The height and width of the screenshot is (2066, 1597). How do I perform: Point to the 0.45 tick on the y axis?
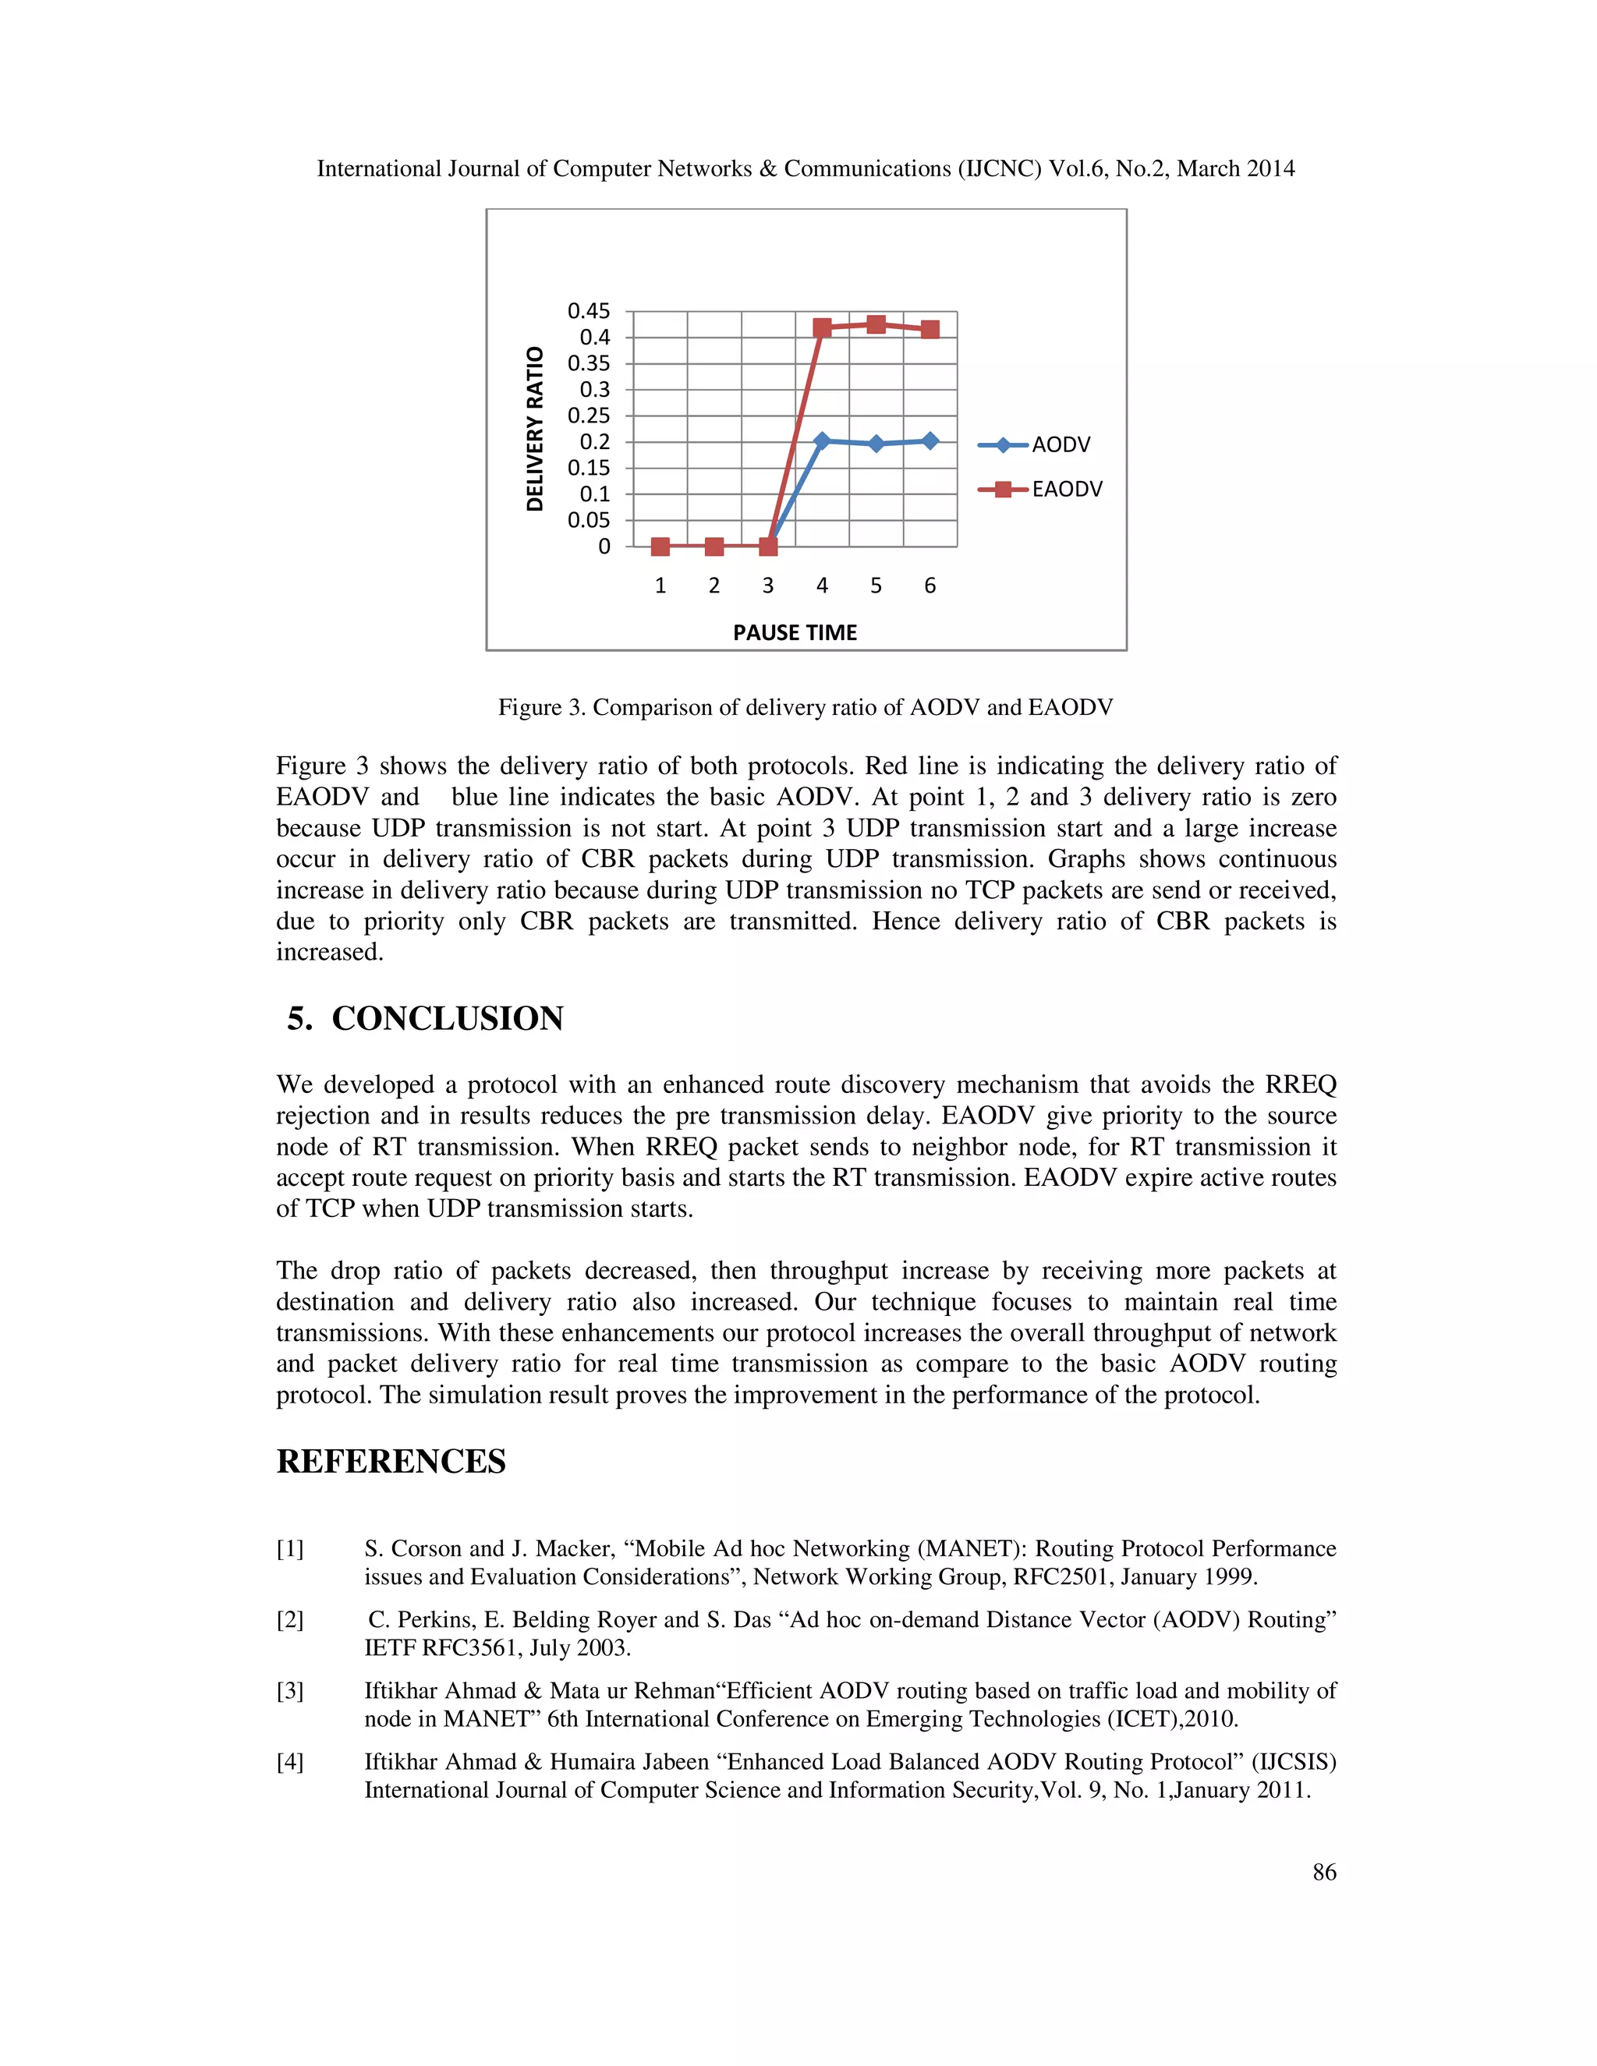coord(589,311)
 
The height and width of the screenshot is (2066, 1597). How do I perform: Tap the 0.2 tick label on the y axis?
coord(594,442)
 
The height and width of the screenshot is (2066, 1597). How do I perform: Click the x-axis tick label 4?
coord(821,586)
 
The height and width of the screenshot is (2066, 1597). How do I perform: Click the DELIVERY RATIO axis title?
coord(536,430)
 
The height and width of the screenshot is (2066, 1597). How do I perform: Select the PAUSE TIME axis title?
coord(795,633)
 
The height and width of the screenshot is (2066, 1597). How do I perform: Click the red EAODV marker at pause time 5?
coord(876,324)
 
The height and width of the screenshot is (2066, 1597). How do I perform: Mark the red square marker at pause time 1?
coord(660,547)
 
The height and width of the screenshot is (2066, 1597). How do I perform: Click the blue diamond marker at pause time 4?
coord(821,440)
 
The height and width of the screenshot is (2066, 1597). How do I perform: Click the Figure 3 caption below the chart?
coord(805,708)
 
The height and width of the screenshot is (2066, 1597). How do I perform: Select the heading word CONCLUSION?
coord(447,1019)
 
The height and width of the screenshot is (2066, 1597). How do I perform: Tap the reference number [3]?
coord(289,1690)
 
